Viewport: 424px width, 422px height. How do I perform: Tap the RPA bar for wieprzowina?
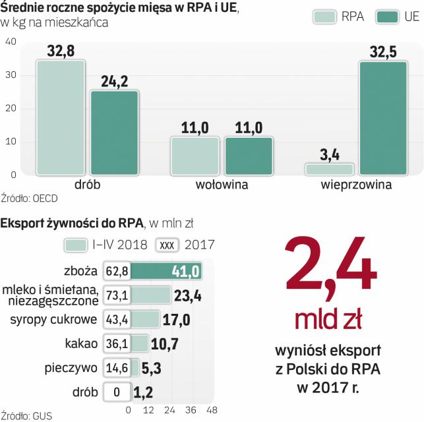(329, 169)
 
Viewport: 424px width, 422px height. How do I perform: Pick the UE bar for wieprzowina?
(382, 117)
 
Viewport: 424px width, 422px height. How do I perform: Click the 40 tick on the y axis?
(11, 42)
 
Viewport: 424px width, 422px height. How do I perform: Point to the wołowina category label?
(222, 185)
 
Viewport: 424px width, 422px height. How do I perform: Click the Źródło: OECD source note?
(29, 197)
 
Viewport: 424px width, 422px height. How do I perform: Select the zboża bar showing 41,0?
(166, 271)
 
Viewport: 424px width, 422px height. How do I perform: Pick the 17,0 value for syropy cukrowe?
(177, 320)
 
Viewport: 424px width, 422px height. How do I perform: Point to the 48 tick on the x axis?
(212, 410)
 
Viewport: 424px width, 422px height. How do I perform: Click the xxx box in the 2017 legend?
(167, 245)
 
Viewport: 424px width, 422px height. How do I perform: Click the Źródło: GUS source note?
(26, 416)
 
